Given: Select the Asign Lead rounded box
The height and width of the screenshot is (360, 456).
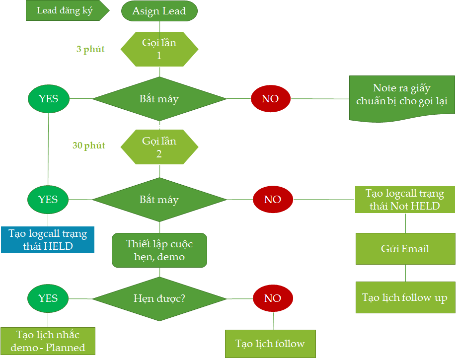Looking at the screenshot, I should [159, 11].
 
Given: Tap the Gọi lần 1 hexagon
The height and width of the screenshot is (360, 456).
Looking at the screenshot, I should [159, 49].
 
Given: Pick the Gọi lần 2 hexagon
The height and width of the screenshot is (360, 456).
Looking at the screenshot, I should [159, 147].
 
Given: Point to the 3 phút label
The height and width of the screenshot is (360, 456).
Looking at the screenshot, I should [90, 49].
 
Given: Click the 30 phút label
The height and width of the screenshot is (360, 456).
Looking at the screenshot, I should [89, 145].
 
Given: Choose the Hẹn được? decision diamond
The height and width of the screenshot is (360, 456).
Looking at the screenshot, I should [159, 298].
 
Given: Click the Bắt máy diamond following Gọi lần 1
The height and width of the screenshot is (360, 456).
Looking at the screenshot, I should [159, 98].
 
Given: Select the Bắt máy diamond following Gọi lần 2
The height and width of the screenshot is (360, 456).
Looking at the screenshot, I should [159, 200].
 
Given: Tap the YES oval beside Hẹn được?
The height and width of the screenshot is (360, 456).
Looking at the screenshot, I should [48, 298].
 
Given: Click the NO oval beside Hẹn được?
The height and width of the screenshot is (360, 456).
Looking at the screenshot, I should [273, 298].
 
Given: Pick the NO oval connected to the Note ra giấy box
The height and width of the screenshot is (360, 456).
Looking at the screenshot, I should [270, 98].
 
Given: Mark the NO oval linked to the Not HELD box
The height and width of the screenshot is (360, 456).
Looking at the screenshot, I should [273, 200].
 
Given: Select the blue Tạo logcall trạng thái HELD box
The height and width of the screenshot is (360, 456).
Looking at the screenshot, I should [48, 239].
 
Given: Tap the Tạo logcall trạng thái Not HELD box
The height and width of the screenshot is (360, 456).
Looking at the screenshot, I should [405, 200].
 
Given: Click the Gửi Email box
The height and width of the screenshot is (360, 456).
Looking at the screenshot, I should [405, 248].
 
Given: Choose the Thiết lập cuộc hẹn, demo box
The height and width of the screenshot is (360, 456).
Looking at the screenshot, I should [159, 250].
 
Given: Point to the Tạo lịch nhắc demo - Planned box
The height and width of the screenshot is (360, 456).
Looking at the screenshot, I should [48, 341].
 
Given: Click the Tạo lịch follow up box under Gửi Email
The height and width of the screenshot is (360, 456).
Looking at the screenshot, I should [405, 297].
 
